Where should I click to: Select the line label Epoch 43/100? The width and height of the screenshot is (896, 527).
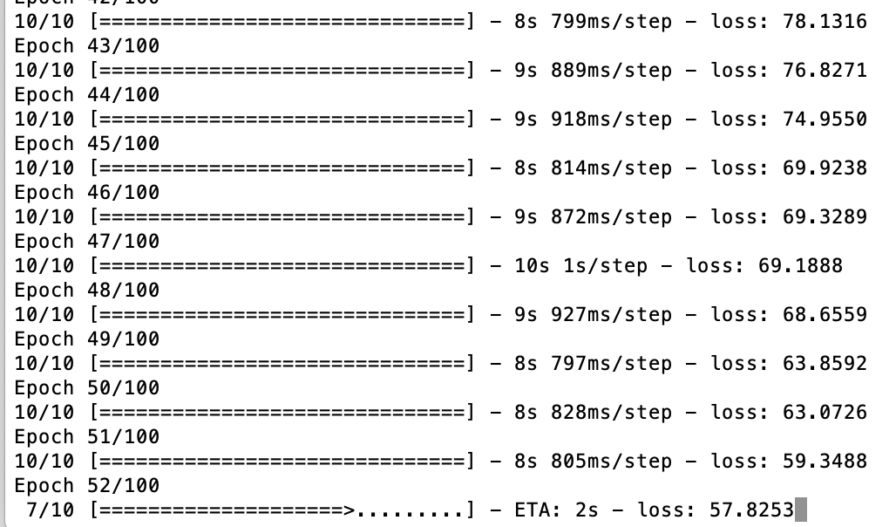87,45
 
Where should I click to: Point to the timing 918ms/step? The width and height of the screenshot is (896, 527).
611,119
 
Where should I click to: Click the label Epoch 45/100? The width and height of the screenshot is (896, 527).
87,143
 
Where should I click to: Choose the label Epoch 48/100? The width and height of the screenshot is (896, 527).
87,290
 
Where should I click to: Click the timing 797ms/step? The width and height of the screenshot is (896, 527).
611,363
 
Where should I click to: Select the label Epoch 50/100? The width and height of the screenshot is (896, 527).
87,387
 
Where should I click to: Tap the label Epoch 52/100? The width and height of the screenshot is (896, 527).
87,485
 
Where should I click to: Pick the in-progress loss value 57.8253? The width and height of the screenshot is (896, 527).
751,510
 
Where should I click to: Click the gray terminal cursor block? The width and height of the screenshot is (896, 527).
801,510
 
